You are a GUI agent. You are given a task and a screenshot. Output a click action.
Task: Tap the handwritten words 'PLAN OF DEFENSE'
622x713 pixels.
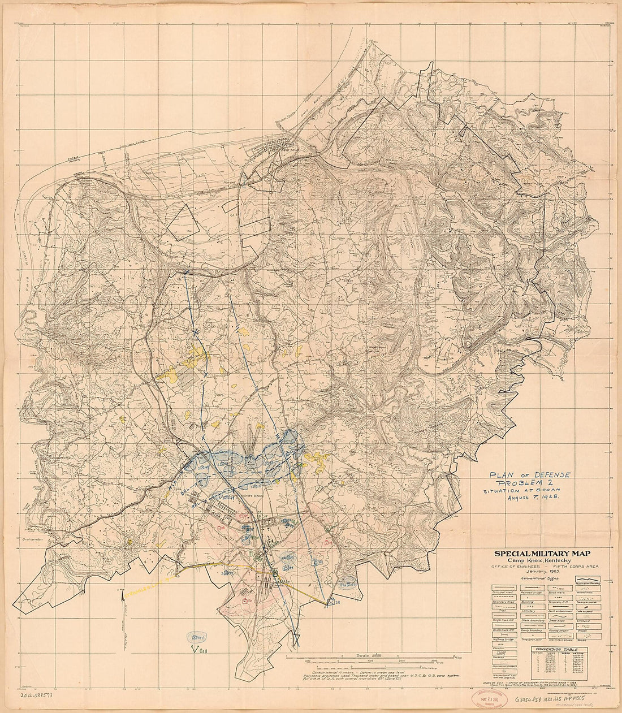pyautogui.click(x=530, y=476)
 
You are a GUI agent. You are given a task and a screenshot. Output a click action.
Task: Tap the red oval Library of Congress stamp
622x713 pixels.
pyautogui.click(x=489, y=701)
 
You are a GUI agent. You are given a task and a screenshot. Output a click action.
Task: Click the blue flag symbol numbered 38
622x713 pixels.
pyautogui.click(x=335, y=602)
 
